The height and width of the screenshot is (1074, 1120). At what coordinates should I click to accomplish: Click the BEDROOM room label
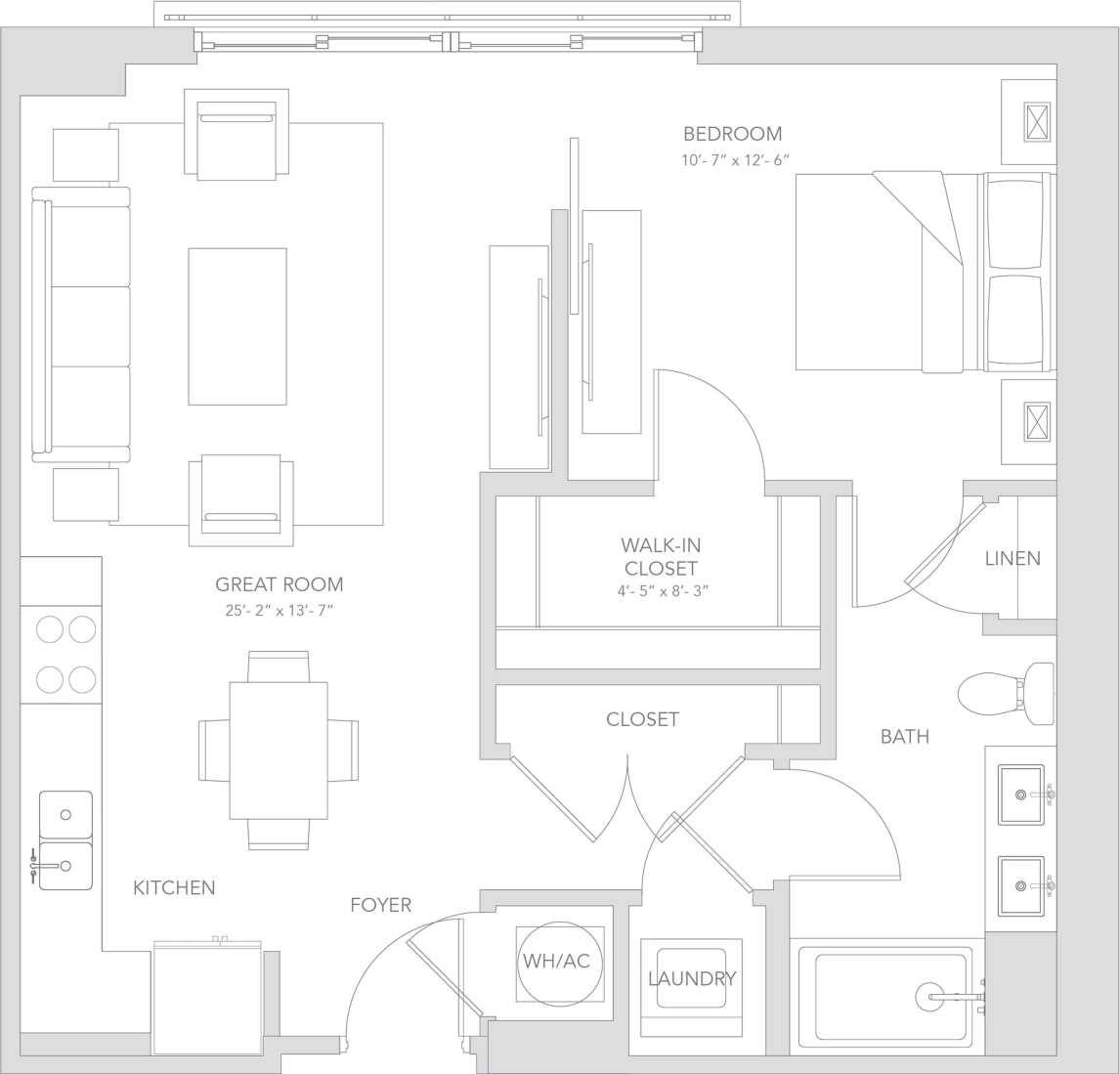tap(732, 134)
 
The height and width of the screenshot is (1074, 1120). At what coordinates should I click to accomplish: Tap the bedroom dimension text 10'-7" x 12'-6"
tap(734, 160)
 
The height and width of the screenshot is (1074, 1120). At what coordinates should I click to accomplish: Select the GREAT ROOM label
tap(279, 584)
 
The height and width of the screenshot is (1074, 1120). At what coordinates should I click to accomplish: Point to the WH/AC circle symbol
tap(555, 962)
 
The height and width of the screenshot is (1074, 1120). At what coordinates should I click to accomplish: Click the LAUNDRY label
tap(691, 978)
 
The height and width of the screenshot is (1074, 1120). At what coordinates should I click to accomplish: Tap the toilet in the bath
tap(1002, 694)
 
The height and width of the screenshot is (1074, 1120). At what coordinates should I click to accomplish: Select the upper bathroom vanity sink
tap(1020, 794)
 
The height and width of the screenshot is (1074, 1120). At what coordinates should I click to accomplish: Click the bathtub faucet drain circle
tap(929, 997)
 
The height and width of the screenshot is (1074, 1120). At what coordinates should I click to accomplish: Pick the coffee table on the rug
tap(237, 325)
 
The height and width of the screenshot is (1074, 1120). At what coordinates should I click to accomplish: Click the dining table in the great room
tap(278, 750)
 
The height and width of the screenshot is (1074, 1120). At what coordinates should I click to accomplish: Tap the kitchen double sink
tap(65, 840)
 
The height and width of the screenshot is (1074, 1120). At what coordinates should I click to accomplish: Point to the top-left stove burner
tap(50, 629)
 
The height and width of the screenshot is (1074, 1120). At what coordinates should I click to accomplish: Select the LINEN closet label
tap(1012, 559)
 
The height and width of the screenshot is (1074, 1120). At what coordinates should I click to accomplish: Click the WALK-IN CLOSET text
tap(661, 556)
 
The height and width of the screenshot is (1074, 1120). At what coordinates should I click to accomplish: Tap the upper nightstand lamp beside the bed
tap(1036, 122)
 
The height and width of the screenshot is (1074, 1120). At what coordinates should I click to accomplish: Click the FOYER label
tap(380, 905)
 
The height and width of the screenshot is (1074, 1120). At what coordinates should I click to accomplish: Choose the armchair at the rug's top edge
tap(237, 135)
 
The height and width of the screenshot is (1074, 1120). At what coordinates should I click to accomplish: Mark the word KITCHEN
tap(174, 887)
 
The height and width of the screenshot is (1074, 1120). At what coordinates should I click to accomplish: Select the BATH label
tap(904, 736)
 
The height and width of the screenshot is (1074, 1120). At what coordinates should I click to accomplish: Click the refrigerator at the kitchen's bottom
tap(207, 999)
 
